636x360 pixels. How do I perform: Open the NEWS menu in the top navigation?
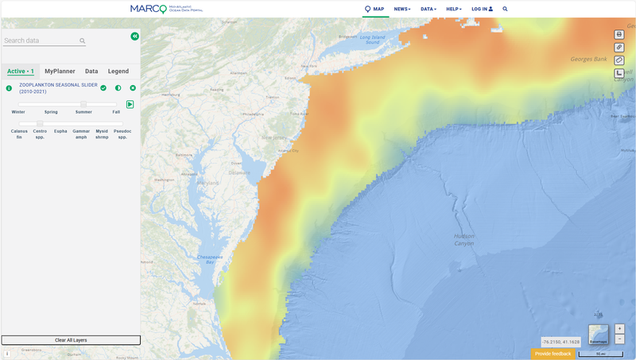click(x=402, y=9)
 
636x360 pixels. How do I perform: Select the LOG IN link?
click(x=482, y=9)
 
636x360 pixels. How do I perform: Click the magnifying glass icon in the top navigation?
click(x=505, y=9)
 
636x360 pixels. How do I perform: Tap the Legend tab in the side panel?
click(x=118, y=72)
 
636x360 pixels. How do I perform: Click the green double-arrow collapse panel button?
click(x=135, y=37)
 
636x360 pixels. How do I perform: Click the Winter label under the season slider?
click(x=17, y=112)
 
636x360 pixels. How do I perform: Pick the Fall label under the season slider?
click(x=116, y=112)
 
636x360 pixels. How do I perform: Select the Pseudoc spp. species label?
click(x=122, y=134)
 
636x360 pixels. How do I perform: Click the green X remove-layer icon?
click(x=133, y=88)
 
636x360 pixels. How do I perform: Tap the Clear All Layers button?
click(x=71, y=340)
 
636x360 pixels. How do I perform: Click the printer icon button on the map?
click(x=619, y=34)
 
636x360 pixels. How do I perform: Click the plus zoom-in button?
click(x=619, y=328)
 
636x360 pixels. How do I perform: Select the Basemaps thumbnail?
click(x=599, y=334)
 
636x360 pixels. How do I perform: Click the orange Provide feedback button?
click(x=553, y=354)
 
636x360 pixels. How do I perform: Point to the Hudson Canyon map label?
click(x=464, y=239)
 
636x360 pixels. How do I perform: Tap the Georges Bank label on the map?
click(x=588, y=60)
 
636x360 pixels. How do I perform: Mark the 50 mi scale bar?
click(x=600, y=354)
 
